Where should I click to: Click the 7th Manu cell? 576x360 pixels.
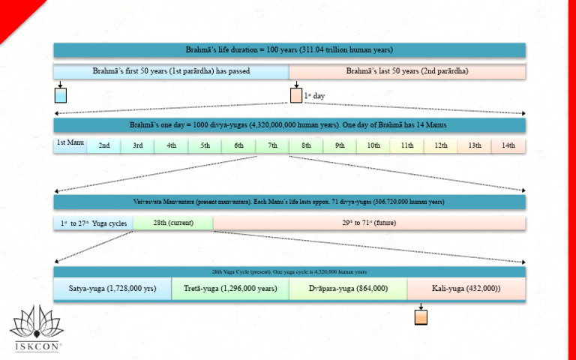(x=272, y=145)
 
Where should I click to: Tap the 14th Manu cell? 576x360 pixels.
(x=508, y=145)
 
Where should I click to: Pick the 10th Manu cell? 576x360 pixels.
(x=373, y=145)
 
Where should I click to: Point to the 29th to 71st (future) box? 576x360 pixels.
(x=369, y=223)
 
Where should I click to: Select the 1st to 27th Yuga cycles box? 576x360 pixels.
(x=94, y=223)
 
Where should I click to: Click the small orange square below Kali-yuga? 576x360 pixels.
(x=421, y=317)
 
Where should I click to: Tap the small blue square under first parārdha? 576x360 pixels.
(x=60, y=95)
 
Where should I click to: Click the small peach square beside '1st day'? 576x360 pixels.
(x=296, y=95)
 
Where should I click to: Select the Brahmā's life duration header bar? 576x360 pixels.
(x=289, y=49)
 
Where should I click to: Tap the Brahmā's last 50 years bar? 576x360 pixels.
(x=407, y=71)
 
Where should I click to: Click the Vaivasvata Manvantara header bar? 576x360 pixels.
(x=289, y=202)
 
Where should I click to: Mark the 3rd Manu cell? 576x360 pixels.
(x=138, y=145)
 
